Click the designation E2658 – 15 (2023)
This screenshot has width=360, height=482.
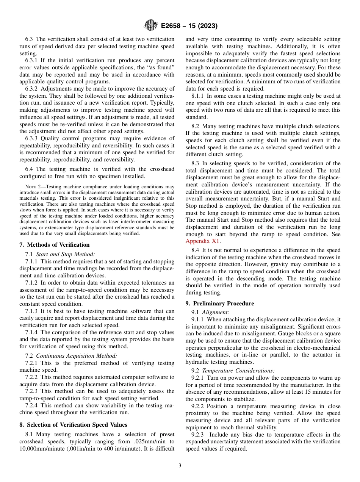[189, 26]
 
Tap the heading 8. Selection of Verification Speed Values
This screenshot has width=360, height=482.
[73, 424]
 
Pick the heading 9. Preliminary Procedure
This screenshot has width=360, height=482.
[219, 303]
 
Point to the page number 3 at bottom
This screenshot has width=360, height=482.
[180, 466]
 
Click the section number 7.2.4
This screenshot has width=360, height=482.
[33, 405]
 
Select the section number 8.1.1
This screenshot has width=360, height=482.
[199, 96]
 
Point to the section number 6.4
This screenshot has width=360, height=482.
[30, 169]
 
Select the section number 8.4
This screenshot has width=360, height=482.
[196, 250]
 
